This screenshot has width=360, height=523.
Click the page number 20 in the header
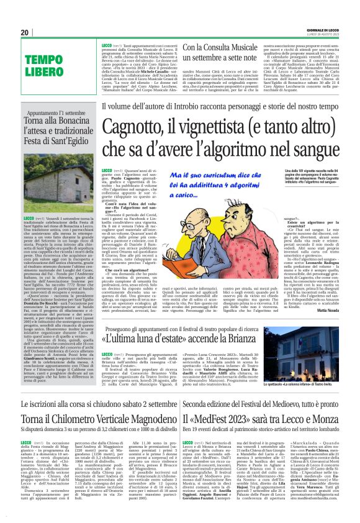pyautogui.click(x=24, y=32)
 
